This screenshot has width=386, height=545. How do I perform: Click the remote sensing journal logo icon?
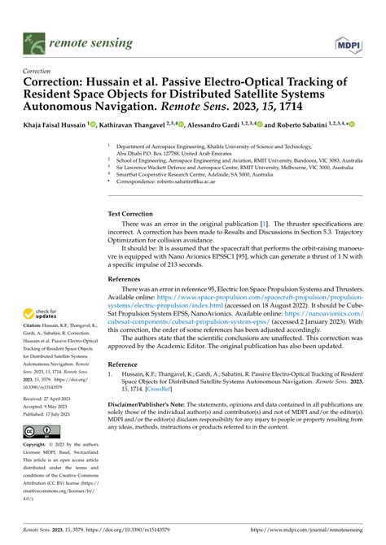pos(33,38)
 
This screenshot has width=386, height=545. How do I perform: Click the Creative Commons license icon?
pos(39,431)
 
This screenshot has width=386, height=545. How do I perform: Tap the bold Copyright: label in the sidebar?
pos(37,446)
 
